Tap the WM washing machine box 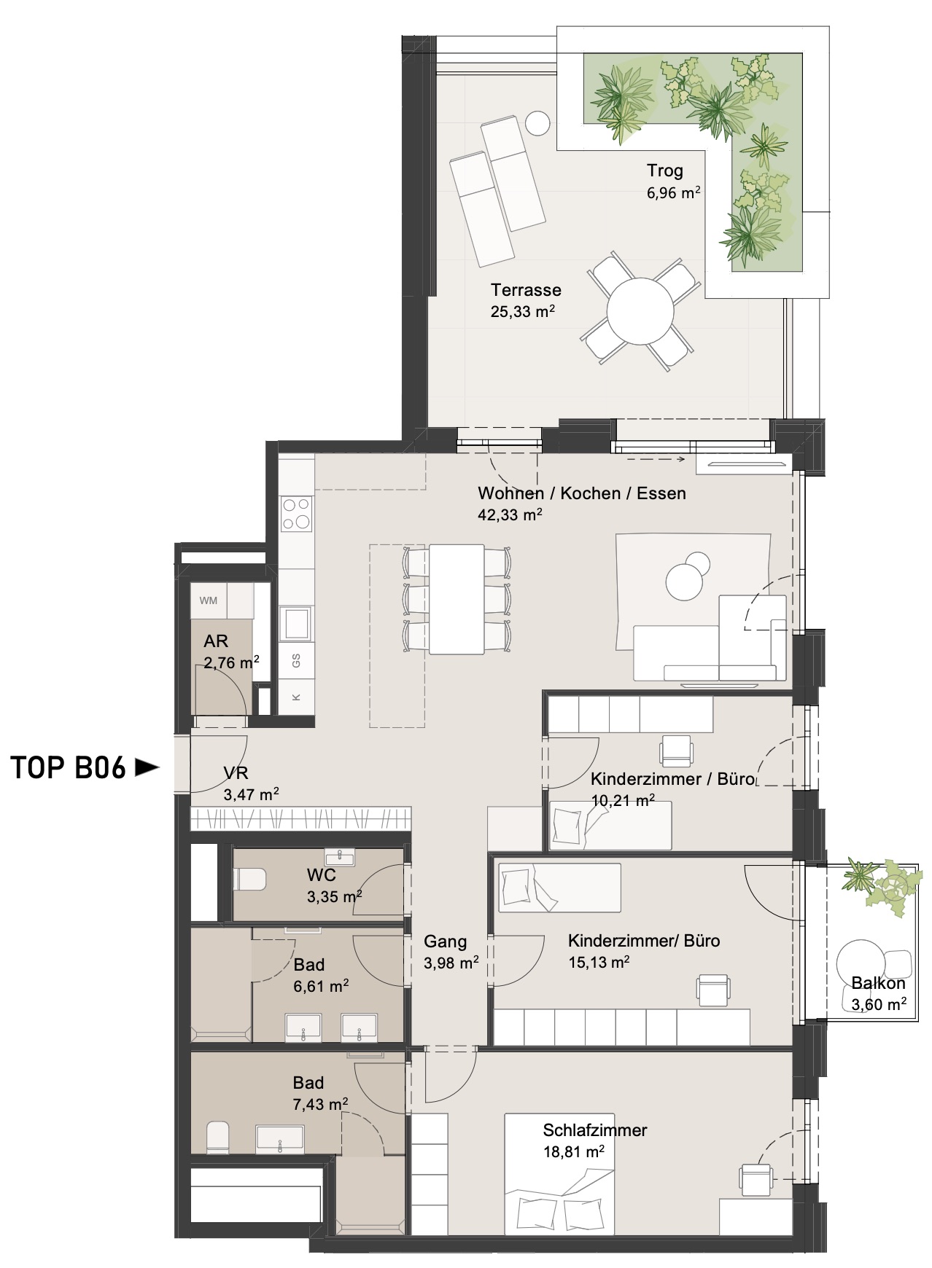[209, 601]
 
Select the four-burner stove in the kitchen [297, 512]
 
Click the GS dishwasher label [296, 661]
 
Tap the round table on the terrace [641, 312]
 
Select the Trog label [664, 171]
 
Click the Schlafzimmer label [595, 1130]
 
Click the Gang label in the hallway [445, 942]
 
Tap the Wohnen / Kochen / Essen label [582, 493]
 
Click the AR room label [216, 641]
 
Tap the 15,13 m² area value [599, 962]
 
